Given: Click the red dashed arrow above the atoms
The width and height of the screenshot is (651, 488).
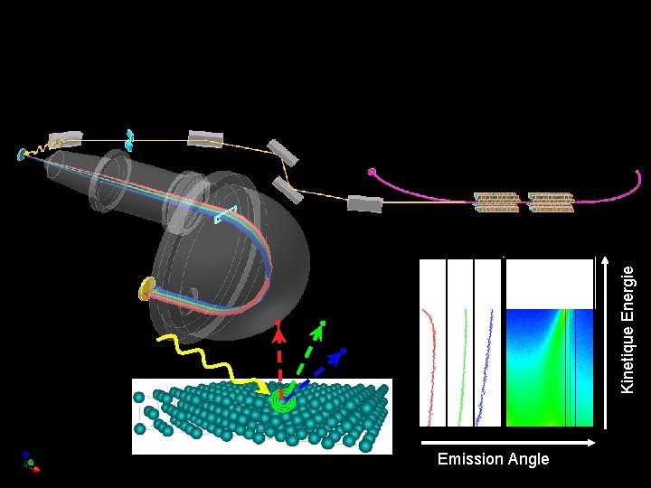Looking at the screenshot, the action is [279, 357].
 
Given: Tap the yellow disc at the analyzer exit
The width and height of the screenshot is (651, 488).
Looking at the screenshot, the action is [146, 289].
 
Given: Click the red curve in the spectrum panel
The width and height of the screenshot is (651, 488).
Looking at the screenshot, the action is [433, 361].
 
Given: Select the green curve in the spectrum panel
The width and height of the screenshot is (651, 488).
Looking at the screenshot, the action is [462, 361].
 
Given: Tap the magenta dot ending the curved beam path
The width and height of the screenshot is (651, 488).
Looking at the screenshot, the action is [372, 172].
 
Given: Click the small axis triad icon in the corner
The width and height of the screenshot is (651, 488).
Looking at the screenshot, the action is [29, 462].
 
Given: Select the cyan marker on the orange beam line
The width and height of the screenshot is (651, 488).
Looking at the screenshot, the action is [129, 139].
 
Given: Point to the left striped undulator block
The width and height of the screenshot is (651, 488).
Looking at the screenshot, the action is [496, 202].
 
